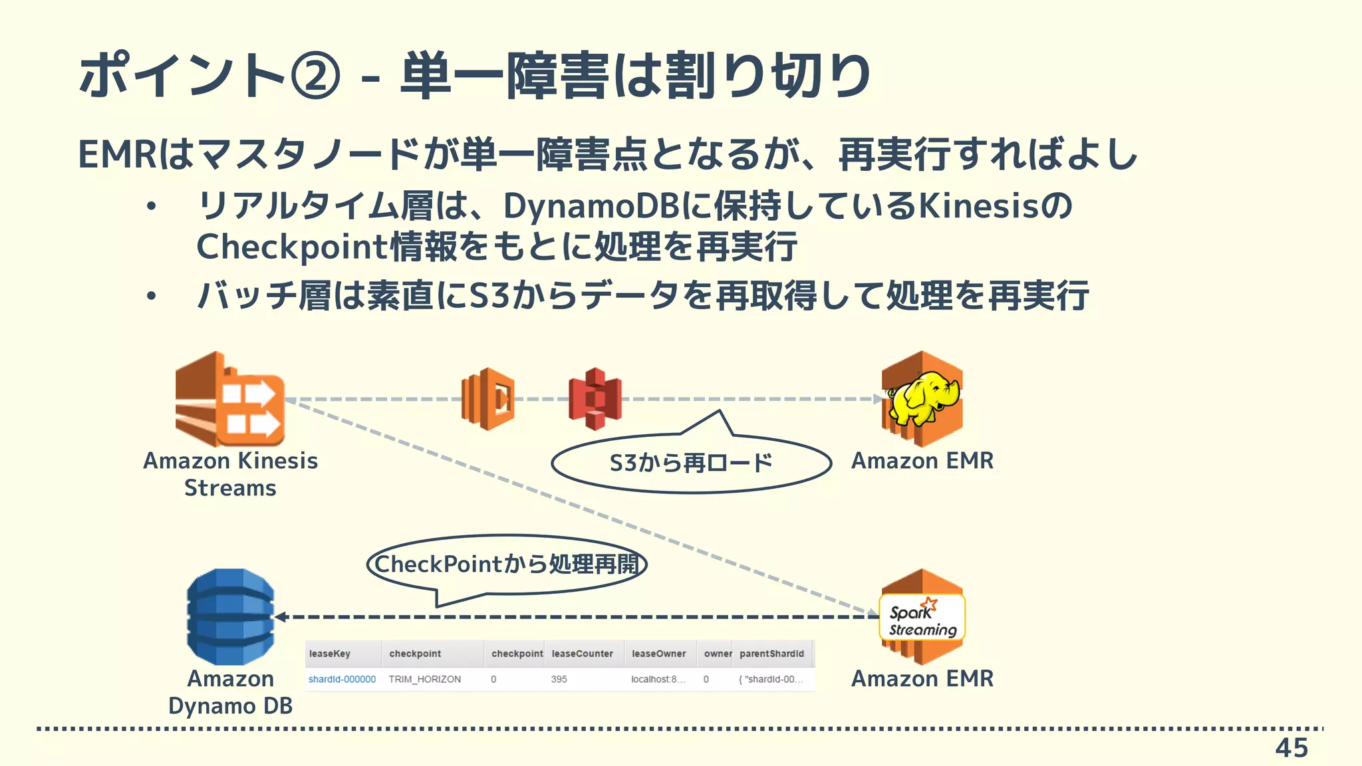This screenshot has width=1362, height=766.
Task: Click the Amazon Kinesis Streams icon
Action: coord(229,400)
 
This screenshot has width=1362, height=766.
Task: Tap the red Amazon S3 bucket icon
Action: coord(595,399)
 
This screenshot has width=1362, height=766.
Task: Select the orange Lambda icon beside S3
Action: coord(488,399)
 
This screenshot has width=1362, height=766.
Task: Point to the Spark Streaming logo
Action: coord(922,618)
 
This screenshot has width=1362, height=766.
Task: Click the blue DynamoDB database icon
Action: coord(230,616)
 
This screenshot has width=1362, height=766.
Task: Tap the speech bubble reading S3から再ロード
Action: coord(691,463)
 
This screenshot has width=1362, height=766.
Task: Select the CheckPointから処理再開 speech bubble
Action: coord(507,565)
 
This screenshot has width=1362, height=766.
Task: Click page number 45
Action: coord(1291,748)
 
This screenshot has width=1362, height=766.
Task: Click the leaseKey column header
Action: coord(330,654)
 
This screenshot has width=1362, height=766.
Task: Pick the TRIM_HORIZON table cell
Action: coord(424,680)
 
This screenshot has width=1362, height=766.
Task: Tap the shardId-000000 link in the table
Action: coord(342,680)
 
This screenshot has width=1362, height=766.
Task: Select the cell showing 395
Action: coord(559,680)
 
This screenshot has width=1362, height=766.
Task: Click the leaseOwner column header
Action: coord(658,654)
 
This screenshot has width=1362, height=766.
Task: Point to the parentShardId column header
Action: coord(771,654)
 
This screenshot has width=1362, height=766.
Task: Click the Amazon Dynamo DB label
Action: coord(230,692)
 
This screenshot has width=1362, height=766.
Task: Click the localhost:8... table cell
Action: coord(657,680)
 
